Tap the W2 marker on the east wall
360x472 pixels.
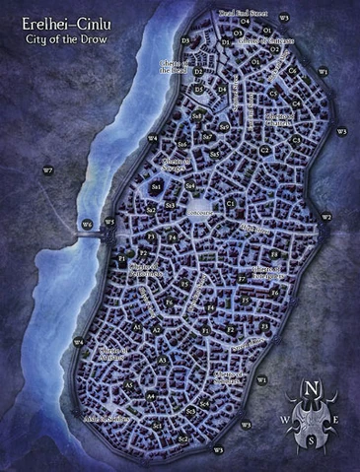tap(326, 216)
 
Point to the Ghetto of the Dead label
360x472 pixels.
tap(175, 66)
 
